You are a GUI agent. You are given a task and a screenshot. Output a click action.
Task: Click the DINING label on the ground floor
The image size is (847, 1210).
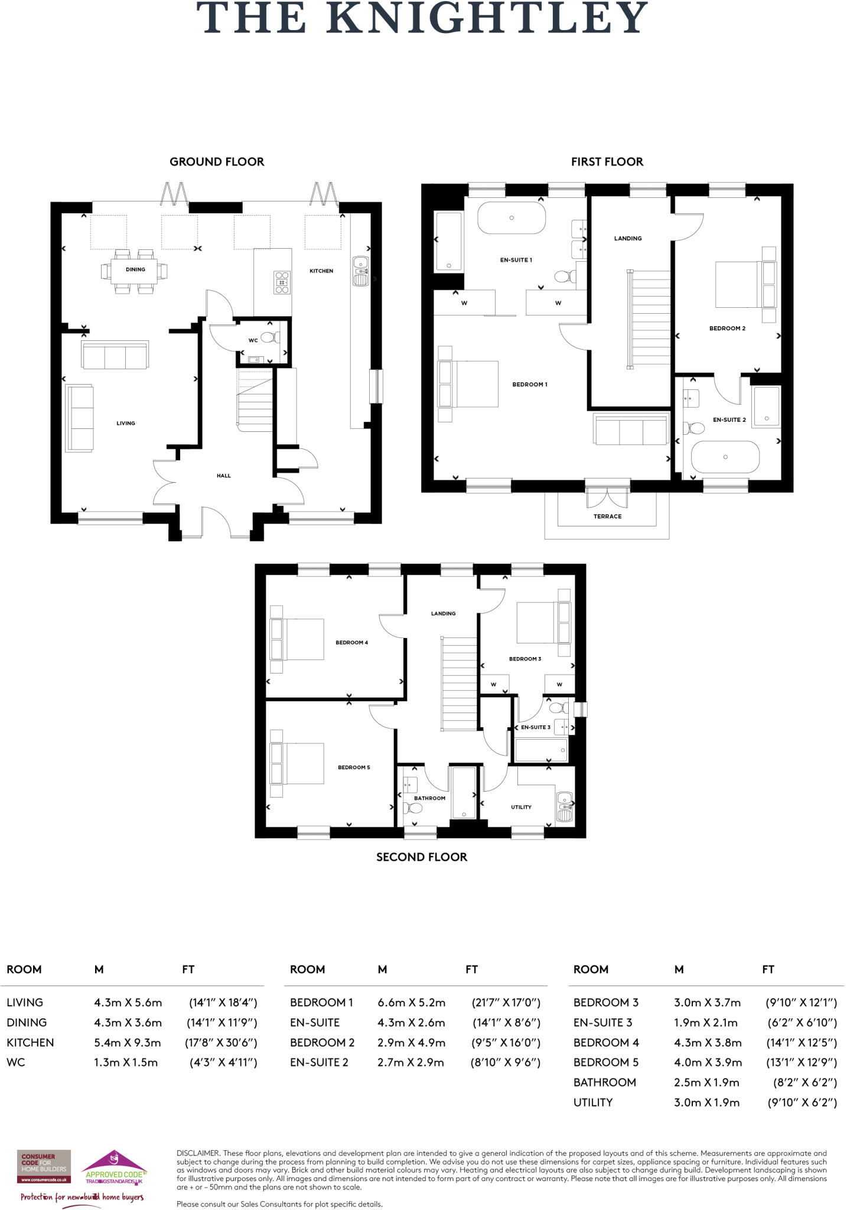point(135,269)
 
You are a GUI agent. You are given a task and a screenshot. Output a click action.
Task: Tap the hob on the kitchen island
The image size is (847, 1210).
point(282,282)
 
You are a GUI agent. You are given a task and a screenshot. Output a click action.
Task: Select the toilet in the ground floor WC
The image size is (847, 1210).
point(271,338)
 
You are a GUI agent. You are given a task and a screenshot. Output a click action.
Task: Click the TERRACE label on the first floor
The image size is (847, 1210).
point(607,516)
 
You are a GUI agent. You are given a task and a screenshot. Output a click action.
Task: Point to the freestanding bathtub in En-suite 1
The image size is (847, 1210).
point(512,218)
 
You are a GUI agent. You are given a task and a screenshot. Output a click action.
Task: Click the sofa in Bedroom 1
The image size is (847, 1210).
point(630,430)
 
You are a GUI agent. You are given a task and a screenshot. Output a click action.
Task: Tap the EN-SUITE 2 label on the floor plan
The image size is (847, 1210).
point(729,420)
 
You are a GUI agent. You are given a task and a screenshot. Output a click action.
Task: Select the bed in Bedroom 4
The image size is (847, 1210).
point(297,639)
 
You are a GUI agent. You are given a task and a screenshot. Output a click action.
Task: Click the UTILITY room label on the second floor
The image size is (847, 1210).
point(521,807)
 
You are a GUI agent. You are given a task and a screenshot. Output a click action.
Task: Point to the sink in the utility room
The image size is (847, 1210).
point(564,806)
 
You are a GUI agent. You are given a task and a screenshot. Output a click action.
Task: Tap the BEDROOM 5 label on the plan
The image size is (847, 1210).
point(354,767)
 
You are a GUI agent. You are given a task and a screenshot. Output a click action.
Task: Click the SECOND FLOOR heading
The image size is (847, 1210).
point(422,857)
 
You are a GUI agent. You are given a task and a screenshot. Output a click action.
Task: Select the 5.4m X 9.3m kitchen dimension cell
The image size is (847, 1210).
point(127,1043)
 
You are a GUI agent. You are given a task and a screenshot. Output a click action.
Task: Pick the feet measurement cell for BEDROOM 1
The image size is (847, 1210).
point(506,1003)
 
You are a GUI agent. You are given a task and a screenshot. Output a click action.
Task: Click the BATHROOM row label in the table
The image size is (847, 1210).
point(604,1082)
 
